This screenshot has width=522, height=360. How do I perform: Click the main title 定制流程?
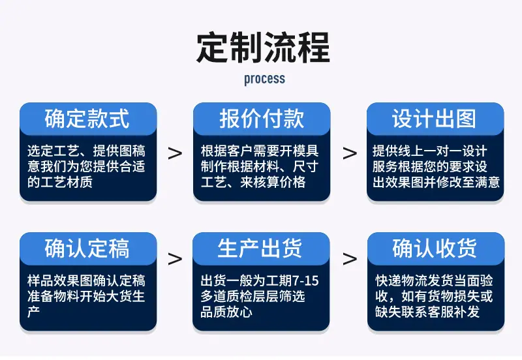(x=264, y=48)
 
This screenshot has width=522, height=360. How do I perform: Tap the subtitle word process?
(x=265, y=79)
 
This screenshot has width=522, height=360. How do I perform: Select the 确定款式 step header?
(x=87, y=119)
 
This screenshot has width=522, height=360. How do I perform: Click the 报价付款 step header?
(x=262, y=119)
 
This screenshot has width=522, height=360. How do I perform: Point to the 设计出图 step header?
(x=435, y=119)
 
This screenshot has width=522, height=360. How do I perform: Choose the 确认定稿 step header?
(x=87, y=248)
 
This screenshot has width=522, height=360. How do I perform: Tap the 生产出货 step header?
(x=260, y=248)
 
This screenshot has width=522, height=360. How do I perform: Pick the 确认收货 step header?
(x=435, y=248)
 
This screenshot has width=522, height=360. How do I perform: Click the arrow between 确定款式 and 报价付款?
(x=175, y=153)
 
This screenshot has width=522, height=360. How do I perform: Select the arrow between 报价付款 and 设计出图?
(x=350, y=153)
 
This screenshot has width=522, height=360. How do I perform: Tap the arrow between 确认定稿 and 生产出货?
(x=175, y=259)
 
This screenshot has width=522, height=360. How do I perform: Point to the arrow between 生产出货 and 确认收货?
(x=350, y=259)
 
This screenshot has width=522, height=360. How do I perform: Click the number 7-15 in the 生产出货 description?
(x=305, y=281)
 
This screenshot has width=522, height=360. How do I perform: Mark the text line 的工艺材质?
(x=60, y=182)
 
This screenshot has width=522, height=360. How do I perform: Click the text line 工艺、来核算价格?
(x=253, y=182)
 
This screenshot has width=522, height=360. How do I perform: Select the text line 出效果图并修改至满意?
(x=436, y=182)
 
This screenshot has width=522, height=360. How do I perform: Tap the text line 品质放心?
(x=226, y=312)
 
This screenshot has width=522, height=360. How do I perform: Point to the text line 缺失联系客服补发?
(x=427, y=312)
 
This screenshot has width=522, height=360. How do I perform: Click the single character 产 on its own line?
(x=34, y=312)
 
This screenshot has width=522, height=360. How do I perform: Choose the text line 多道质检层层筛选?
(x=253, y=296)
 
